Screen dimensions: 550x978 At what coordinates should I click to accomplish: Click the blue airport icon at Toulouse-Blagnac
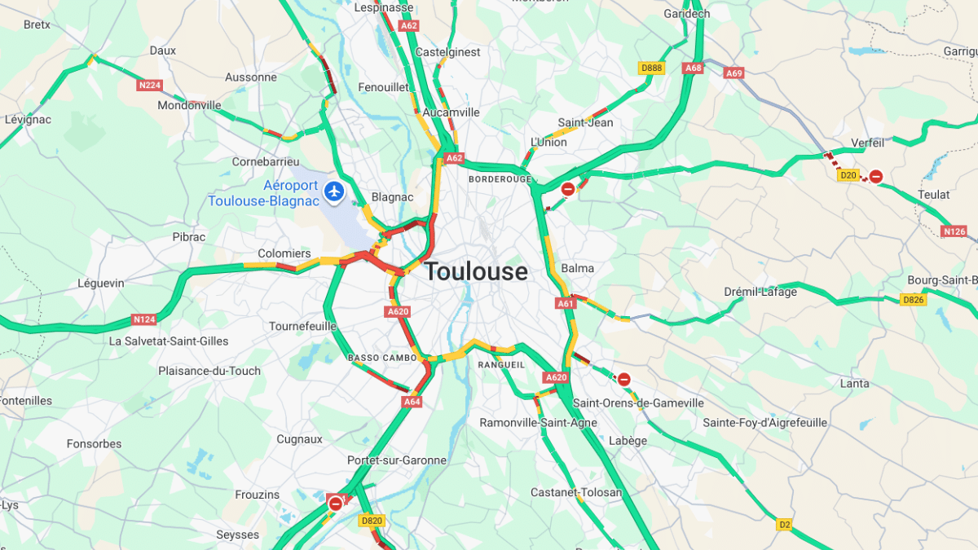(x=333, y=191)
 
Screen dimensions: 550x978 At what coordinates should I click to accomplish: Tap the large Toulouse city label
(x=476, y=271)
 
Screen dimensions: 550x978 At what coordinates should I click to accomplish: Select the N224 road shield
(x=149, y=85)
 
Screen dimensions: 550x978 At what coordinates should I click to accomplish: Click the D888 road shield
(x=651, y=68)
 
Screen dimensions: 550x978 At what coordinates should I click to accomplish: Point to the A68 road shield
(x=694, y=68)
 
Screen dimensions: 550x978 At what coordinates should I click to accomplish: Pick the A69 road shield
(x=734, y=73)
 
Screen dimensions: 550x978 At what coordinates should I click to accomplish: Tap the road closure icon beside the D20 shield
(x=875, y=176)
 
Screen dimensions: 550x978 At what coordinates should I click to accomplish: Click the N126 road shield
(x=954, y=231)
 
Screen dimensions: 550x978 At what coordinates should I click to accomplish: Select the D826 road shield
(x=914, y=300)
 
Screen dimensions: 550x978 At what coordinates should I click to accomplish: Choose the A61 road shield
(x=566, y=303)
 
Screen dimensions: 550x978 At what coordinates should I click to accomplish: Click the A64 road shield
(x=412, y=402)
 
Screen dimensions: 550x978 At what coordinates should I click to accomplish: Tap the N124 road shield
(x=143, y=319)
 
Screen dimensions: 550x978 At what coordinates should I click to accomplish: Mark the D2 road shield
(x=784, y=525)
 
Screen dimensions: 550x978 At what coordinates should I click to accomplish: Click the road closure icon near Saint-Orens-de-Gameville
(x=623, y=379)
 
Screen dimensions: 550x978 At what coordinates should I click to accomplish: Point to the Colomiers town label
(x=284, y=253)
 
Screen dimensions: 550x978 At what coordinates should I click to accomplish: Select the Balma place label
(x=577, y=268)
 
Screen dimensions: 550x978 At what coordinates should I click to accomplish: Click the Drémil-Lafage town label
(x=760, y=292)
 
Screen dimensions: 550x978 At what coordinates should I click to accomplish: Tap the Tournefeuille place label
(x=302, y=326)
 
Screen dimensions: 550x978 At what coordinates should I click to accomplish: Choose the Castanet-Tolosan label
(x=576, y=492)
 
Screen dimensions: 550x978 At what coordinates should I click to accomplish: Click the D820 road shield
(x=371, y=521)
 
